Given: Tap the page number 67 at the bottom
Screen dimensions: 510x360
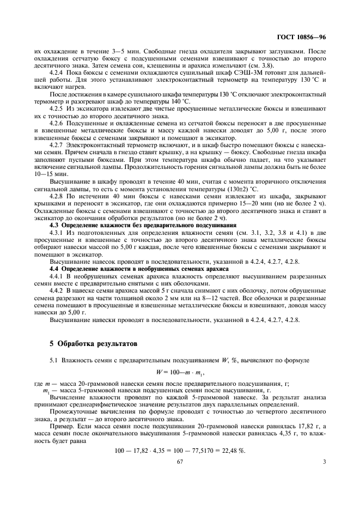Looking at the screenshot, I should click(x=179, y=462).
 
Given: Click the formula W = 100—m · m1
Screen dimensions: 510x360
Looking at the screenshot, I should click(x=179, y=374).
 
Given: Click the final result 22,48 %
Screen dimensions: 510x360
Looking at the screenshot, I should click(x=232, y=451).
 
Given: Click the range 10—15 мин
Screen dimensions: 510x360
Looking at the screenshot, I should click(x=49, y=173).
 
